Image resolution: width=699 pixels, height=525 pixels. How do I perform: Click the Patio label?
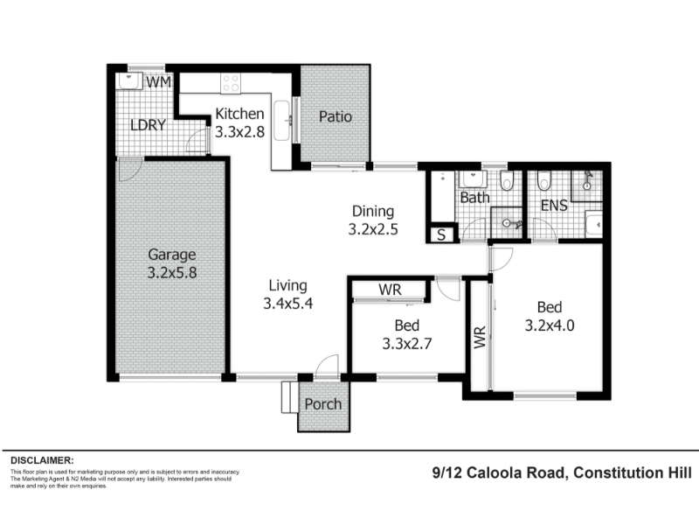(x=336, y=117)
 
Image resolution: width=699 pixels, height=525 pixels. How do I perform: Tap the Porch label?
(x=322, y=404)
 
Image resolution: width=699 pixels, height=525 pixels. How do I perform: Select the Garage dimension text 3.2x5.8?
(x=172, y=272)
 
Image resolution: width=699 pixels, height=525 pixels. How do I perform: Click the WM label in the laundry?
(x=158, y=82)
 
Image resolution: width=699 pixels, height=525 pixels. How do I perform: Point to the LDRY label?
(x=148, y=125)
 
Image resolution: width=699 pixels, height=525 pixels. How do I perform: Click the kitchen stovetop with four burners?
(x=231, y=83)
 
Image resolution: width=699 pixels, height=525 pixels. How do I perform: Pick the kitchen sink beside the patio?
(x=282, y=121)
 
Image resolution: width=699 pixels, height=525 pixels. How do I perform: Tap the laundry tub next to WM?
(x=129, y=80)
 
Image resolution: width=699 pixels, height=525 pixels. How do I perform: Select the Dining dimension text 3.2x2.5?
(x=373, y=229)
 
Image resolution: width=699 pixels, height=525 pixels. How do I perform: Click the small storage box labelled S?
(x=441, y=234)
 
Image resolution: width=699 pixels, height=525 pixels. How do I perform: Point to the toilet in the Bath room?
(x=507, y=180)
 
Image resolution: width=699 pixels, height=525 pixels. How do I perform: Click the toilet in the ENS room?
(x=543, y=180)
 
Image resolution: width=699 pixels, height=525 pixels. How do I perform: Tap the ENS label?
(x=554, y=206)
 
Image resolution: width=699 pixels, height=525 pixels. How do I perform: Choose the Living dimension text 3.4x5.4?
(x=288, y=304)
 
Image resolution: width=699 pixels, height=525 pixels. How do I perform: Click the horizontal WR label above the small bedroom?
(x=390, y=290)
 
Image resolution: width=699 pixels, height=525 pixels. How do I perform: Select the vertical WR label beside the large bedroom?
(x=480, y=337)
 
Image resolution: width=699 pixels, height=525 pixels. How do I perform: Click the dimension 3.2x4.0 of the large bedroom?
(x=550, y=325)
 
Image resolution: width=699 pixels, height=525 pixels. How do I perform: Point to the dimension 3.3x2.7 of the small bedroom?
(x=407, y=344)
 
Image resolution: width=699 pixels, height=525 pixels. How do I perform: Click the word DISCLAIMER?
(x=42, y=460)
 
